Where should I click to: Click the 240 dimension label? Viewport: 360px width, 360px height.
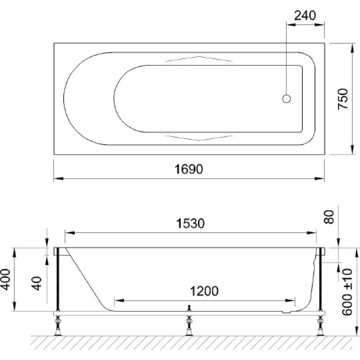pos(305,16)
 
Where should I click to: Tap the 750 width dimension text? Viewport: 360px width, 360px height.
pos(343,99)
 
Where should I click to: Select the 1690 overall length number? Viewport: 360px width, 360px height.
pos(189,170)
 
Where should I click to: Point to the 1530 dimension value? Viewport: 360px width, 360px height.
pos(190,223)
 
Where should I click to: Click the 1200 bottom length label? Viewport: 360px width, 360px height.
pos(204,291)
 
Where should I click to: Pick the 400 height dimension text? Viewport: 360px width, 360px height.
pos(5,279)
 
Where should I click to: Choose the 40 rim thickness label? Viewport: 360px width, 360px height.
pos(37,283)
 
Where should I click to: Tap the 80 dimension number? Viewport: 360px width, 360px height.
pos(328,217)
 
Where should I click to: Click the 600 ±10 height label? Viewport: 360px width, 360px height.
pos(347,292)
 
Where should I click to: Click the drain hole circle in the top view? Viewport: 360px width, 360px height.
pos(286,99)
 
